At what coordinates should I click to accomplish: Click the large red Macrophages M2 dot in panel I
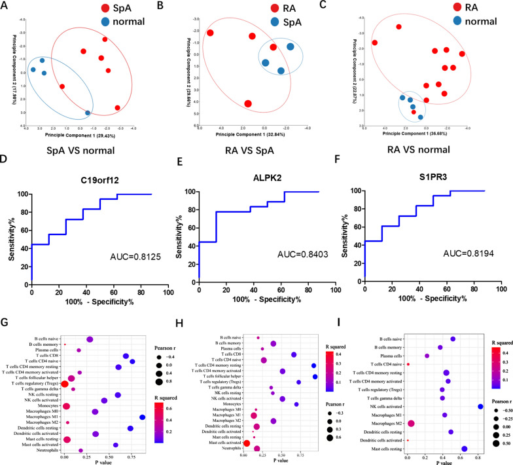(411, 424)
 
